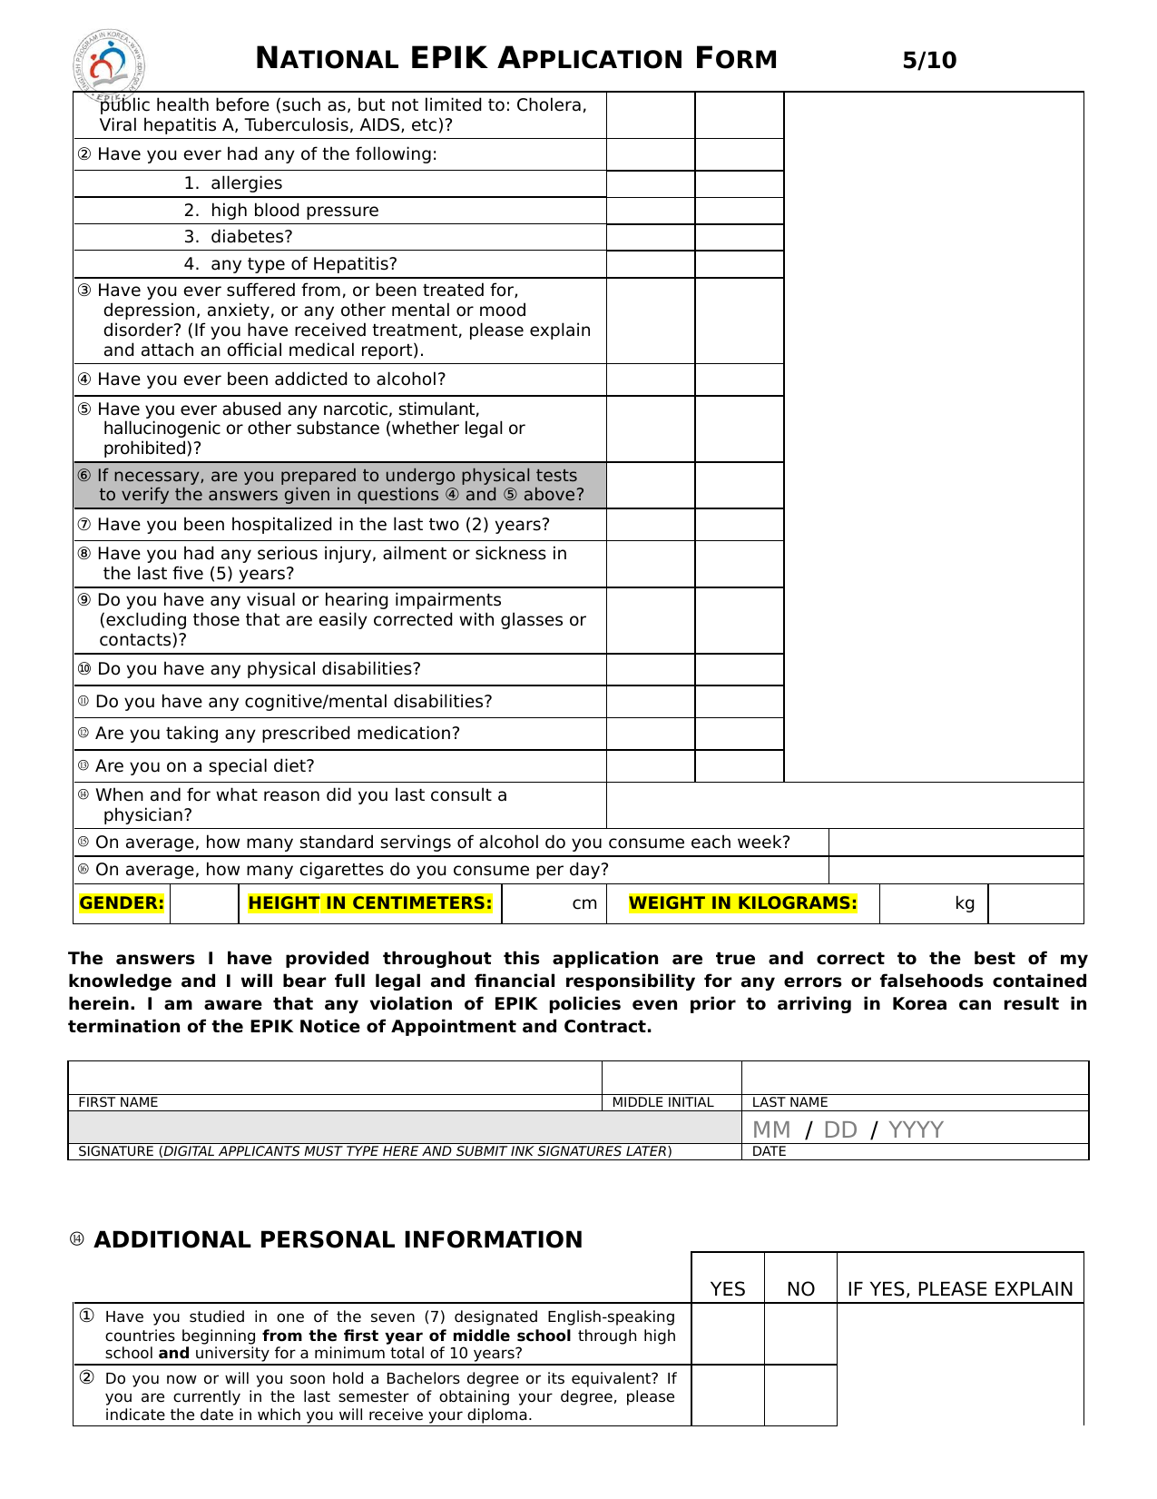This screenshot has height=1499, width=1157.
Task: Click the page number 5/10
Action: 929,61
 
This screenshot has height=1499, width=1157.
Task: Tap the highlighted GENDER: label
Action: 122,903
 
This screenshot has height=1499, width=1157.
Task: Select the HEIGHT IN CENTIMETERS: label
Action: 369,903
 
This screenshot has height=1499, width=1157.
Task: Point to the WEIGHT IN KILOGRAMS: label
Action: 742,903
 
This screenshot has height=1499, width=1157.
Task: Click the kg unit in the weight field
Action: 965,903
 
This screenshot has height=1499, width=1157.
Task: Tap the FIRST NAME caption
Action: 118,1102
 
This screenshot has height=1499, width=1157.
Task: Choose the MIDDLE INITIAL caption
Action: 662,1102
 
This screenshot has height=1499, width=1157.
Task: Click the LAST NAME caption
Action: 789,1102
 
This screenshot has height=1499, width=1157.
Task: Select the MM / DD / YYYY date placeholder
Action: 848,1129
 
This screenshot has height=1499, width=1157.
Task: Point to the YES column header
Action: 728,1289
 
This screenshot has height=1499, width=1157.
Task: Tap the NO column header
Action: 800,1289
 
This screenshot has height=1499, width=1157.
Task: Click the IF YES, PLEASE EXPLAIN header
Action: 960,1289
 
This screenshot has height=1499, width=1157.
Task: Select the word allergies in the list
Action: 246,183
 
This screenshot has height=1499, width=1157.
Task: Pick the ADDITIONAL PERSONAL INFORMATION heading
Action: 338,1240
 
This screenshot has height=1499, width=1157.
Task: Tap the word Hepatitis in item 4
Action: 354,264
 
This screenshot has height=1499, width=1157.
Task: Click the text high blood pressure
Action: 294,211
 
